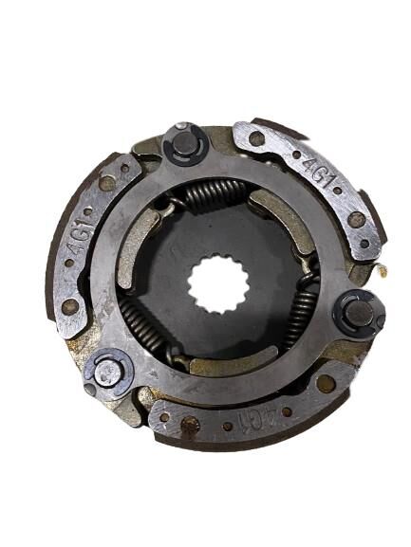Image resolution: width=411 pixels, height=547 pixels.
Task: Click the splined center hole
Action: pos(215,282)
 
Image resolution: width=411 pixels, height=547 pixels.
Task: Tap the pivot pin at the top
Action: pos(185,144)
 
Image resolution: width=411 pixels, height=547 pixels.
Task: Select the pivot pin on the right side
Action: pos(358,313)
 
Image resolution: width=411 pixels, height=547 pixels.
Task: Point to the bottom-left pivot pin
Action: pos(108,372)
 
